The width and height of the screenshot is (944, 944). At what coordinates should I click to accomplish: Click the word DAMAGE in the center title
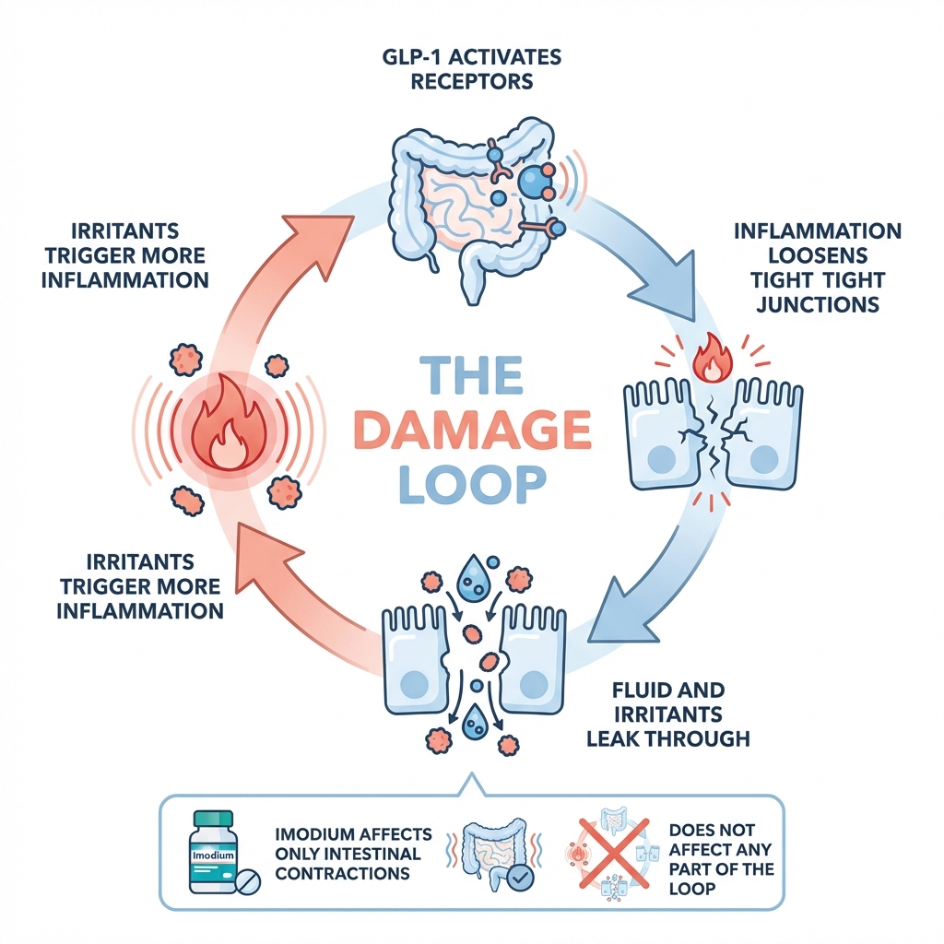click(472, 430)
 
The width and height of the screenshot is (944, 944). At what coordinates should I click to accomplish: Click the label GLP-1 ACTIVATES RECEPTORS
click(472, 69)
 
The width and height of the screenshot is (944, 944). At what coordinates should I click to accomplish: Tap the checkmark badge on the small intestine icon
click(521, 877)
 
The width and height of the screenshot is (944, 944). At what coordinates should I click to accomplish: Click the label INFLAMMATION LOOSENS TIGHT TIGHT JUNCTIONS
click(818, 267)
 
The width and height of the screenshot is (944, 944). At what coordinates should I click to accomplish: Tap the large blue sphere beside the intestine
click(536, 183)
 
